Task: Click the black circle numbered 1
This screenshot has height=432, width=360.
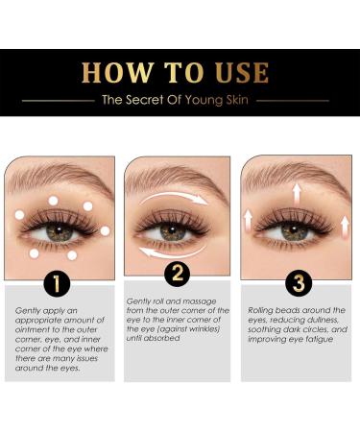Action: coord(58,286)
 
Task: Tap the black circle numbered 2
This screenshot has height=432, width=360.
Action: coord(178,276)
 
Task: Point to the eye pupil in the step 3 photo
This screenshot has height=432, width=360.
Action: coord(298,231)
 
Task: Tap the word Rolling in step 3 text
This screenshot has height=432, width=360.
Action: coord(263,310)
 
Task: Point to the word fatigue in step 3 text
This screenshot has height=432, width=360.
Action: coord(321,339)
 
